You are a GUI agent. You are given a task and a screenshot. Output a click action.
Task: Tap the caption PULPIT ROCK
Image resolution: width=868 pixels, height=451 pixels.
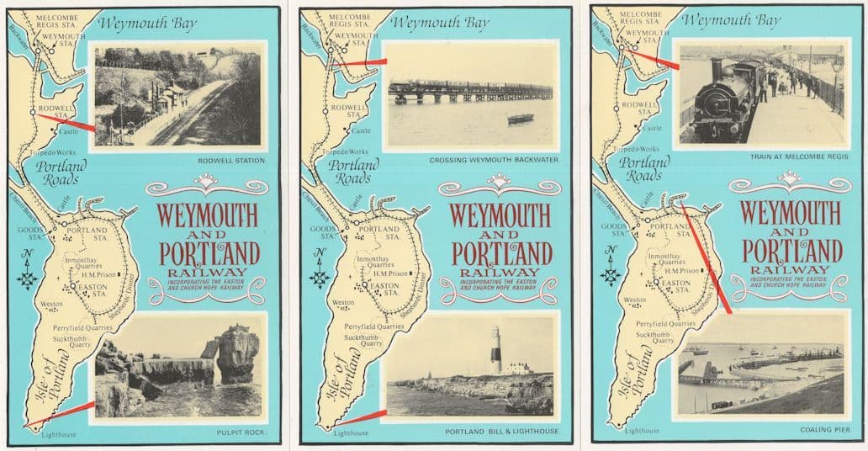[242, 432]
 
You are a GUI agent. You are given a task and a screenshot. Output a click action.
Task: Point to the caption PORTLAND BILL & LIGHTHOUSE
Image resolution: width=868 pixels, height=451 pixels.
[501, 432]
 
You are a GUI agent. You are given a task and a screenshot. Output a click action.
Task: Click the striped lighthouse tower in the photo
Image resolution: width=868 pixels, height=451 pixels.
[496, 349]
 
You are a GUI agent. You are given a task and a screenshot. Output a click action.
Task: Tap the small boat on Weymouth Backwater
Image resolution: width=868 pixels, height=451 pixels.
[520, 119]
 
